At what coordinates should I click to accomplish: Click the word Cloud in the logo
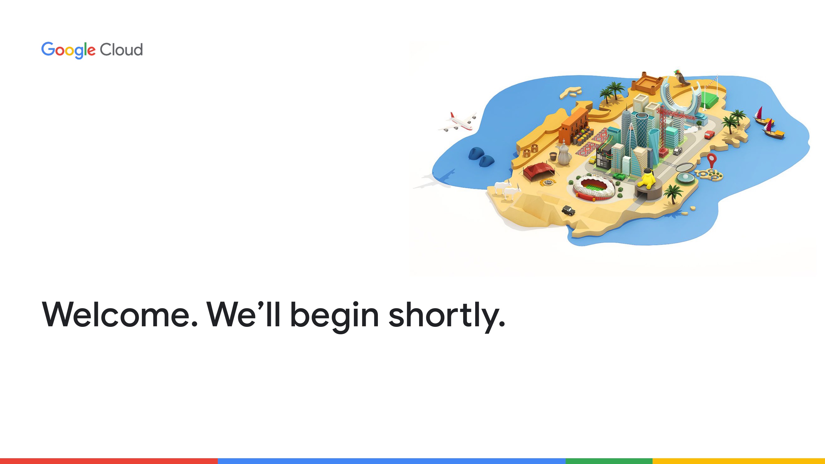click(121, 50)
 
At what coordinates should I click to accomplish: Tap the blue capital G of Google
click(48, 49)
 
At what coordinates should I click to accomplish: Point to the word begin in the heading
click(334, 317)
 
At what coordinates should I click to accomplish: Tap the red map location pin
click(712, 160)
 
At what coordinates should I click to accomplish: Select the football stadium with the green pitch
click(594, 187)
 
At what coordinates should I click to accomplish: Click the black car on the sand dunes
click(568, 210)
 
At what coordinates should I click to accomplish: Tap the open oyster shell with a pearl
click(684, 173)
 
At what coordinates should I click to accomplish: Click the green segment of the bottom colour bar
click(609, 461)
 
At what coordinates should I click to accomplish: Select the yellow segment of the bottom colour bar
click(739, 461)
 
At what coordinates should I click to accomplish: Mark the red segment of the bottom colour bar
click(109, 461)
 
